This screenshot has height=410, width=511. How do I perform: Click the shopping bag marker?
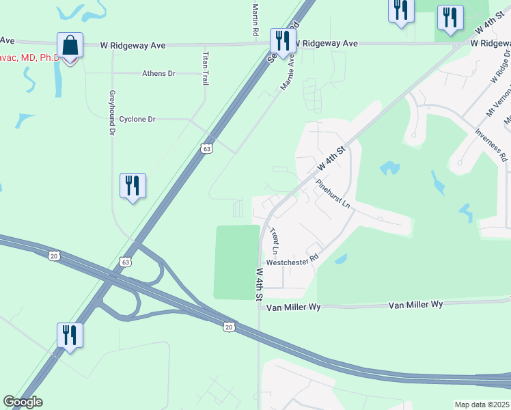coord(70,46)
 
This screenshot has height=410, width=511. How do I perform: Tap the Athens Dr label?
coord(158,73)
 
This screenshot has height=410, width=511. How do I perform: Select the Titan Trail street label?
coord(205,68)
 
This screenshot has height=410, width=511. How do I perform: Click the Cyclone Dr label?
coord(137,119)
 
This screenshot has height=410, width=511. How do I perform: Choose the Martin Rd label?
coord(255,19)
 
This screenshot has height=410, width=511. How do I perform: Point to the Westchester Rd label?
coord(292,261)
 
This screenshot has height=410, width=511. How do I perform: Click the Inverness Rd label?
coord(493,146)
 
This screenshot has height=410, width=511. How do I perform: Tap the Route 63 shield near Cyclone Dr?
coord(208,148)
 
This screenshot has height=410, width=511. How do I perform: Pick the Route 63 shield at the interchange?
coord(125,262)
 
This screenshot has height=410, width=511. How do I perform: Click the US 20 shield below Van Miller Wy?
coord(228,327)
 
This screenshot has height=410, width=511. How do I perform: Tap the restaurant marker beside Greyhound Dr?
coord(133,187)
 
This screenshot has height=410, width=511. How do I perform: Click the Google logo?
coord(23,402)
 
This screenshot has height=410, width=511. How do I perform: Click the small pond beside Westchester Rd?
coord(340,259)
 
